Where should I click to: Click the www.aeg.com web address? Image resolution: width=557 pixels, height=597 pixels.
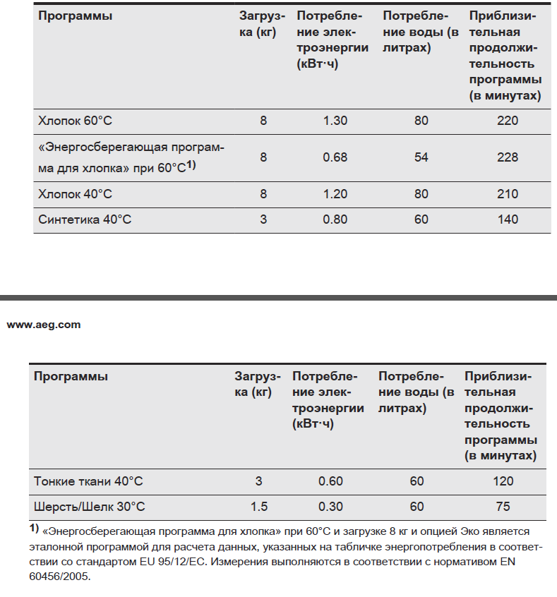coord(44,325)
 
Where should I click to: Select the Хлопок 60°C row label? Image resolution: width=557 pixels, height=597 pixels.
coord(76,121)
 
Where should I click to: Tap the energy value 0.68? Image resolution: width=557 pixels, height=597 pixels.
coord(335,157)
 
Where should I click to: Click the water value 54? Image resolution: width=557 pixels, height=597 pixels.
coord(421,157)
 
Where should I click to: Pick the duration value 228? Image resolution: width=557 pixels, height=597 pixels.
coord(507,157)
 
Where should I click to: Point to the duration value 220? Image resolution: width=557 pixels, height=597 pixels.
coord(507,121)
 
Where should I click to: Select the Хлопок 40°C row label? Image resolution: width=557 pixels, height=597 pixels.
coord(76,194)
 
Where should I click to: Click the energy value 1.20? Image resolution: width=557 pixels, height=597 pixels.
coord(335,194)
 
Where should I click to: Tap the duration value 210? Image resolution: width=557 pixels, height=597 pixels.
coord(507,194)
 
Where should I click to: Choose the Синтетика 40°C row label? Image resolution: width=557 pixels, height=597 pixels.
coord(85,219)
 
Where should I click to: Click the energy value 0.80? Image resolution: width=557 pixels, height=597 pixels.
coord(335,219)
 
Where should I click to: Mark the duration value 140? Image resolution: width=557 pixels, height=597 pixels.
coord(507,219)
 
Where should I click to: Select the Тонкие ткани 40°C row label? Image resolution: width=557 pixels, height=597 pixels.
coord(88,481)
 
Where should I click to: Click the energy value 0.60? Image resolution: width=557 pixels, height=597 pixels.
coord(330,481)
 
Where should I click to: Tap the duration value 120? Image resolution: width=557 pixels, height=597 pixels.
coord(503,481)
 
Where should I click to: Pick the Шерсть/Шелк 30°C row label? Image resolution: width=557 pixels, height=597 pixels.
coord(90,507)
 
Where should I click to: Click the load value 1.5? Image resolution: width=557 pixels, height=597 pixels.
coord(258,507)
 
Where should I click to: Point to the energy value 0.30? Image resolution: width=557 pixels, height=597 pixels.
coord(330,507)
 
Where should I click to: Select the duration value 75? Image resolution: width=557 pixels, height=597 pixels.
coord(503,507)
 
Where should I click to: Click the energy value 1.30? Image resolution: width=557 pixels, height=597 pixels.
coord(335,121)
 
